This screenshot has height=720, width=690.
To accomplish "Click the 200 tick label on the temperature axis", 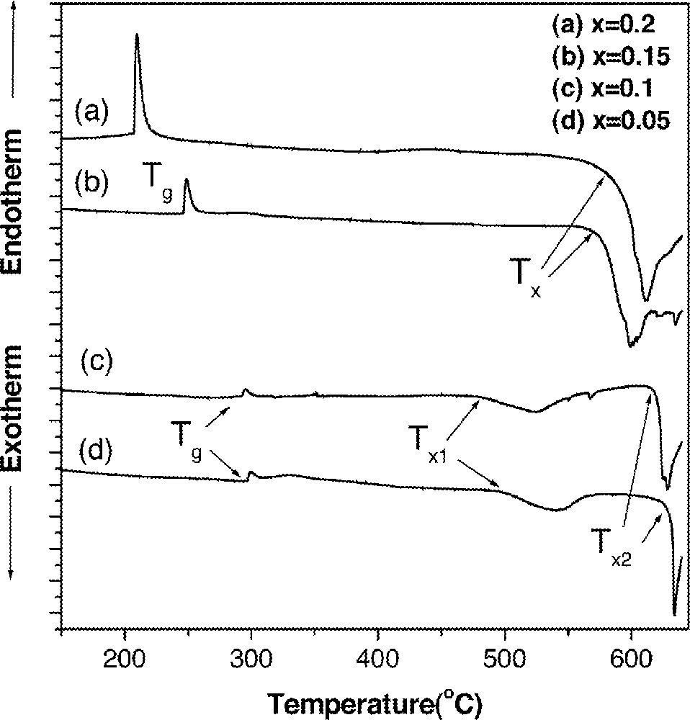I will pos(125,660).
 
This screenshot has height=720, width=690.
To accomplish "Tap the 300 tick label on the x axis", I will pos(251,660).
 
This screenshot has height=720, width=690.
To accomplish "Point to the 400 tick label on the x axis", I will pos(378,660).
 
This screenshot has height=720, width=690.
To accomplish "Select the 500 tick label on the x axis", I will pos(505,660).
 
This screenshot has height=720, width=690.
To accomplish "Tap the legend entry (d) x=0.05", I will pos(610,120).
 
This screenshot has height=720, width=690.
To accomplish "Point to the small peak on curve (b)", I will pos(186,181).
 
